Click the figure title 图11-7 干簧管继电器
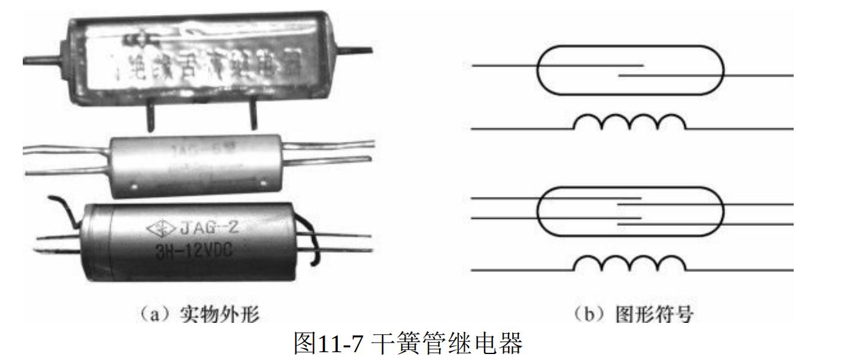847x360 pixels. (x=408, y=344)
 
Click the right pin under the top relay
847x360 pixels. (x=253, y=117)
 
